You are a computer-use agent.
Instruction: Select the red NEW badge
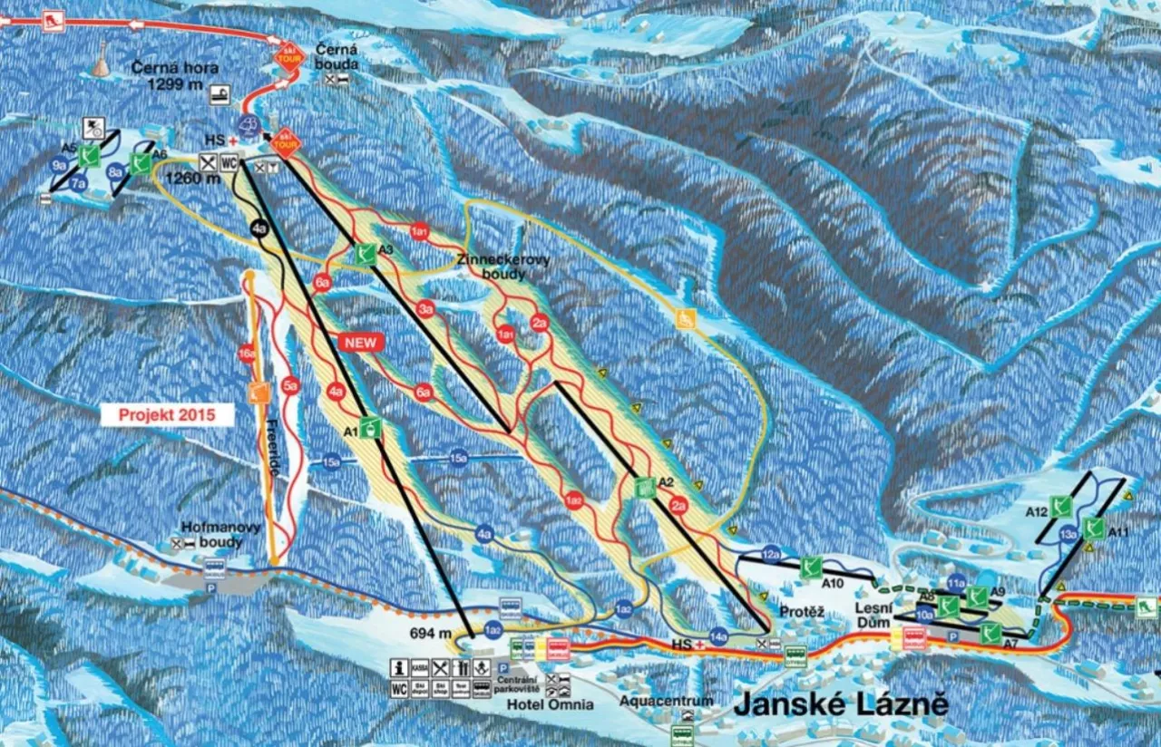tap(362, 342)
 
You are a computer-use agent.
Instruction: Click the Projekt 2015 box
tap(167, 415)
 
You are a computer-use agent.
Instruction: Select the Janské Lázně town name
tap(840, 704)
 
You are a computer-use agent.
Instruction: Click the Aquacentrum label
tap(667, 701)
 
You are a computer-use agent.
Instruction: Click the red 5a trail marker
tap(290, 386)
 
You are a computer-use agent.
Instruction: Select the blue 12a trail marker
tap(771, 553)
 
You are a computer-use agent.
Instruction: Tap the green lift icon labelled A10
tap(811, 567)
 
